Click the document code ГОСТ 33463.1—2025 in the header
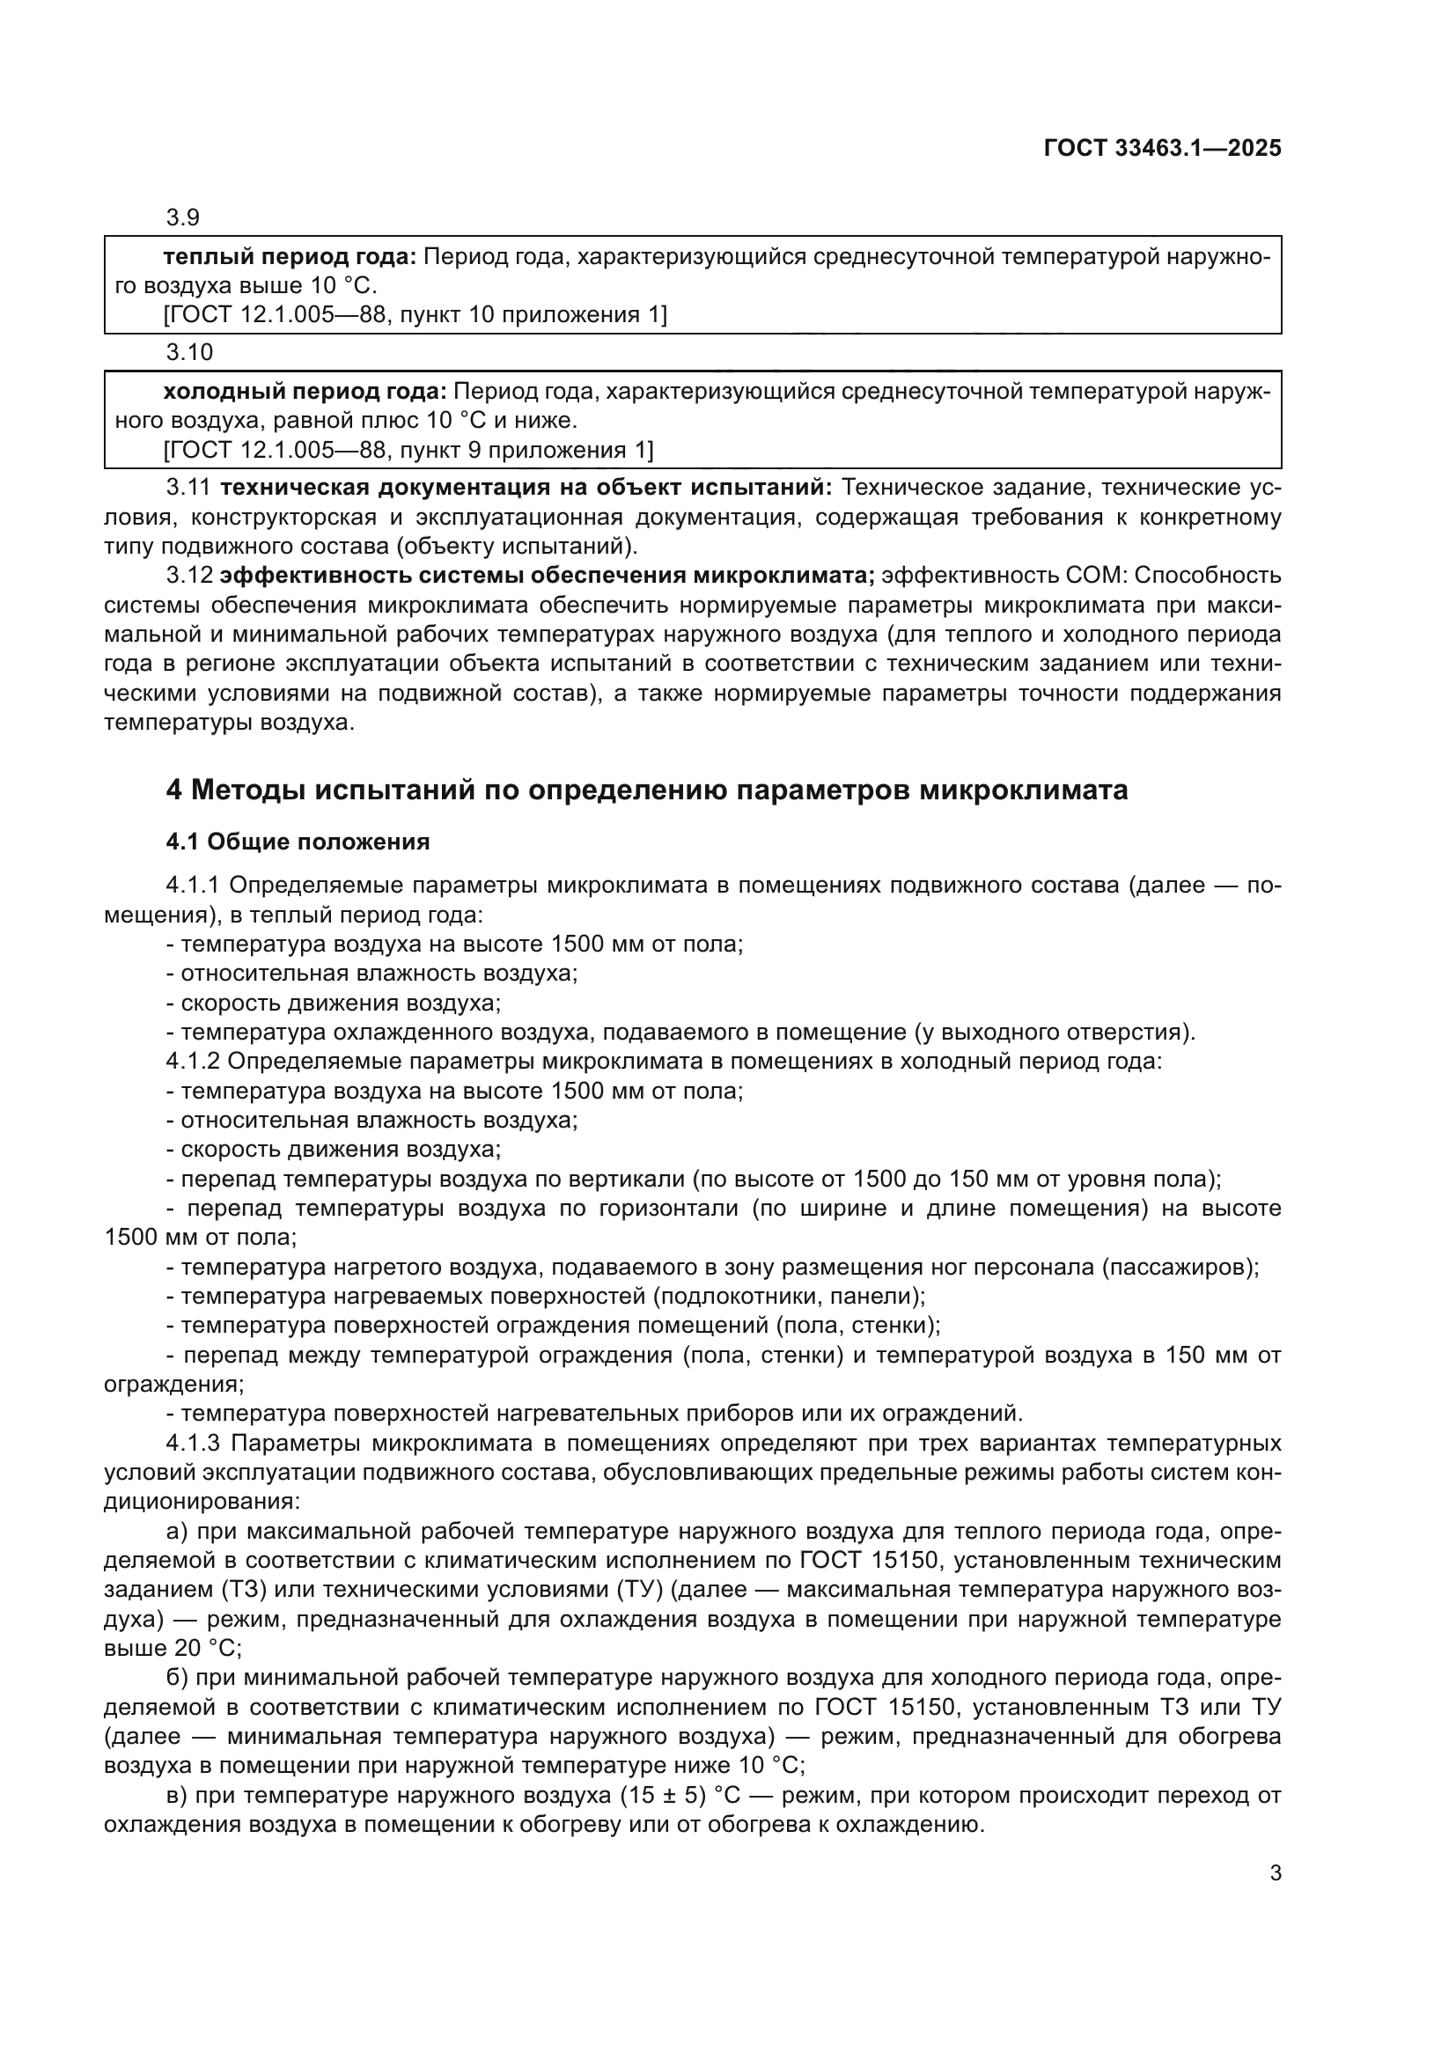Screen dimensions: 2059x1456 pyautogui.click(x=1162, y=149)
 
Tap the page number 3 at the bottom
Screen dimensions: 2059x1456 pyautogui.click(x=1275, y=1873)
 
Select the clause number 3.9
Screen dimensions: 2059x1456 pyautogui.click(x=183, y=218)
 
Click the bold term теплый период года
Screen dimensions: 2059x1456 pyautogui.click(x=290, y=257)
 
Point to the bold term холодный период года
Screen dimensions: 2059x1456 pyautogui.click(x=305, y=392)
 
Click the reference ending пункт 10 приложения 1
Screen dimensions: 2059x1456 pyautogui.click(x=415, y=315)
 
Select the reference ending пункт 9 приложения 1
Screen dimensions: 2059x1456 pyautogui.click(x=408, y=449)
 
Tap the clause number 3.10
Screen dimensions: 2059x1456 pyautogui.click(x=189, y=352)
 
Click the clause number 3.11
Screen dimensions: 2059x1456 pyautogui.click(x=188, y=488)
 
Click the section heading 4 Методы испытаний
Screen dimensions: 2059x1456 pyautogui.click(x=646, y=790)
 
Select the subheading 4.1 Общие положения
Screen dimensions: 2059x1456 pyautogui.click(x=298, y=842)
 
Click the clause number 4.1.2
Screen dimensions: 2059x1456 pyautogui.click(x=193, y=1061)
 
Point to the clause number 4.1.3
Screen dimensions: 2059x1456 pyautogui.click(x=193, y=1443)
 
